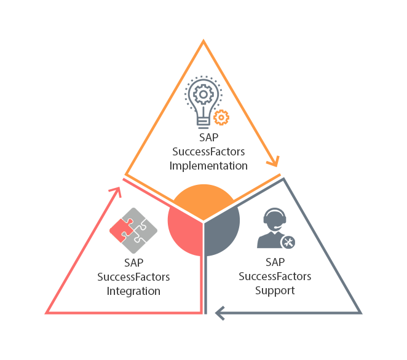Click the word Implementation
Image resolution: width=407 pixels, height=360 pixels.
point(208,166)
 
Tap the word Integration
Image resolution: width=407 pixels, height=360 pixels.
point(133,291)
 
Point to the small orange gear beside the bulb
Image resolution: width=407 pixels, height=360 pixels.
point(221,117)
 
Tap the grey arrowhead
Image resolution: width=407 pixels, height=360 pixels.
point(219,313)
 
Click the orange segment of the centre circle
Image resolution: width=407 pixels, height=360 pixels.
point(203,200)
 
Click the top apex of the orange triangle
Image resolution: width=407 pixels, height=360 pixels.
point(203,43)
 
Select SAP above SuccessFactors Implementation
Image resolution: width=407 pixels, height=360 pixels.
point(208,139)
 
